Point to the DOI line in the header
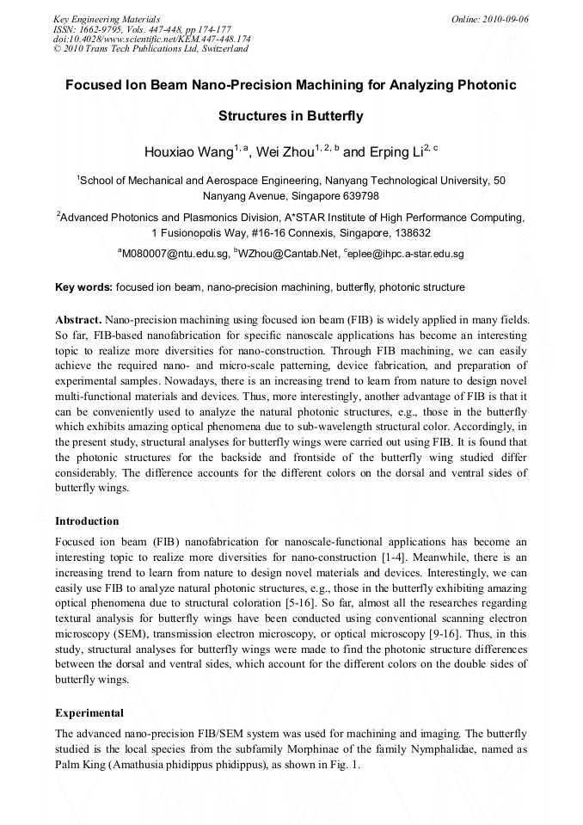(151, 39)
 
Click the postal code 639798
(354, 196)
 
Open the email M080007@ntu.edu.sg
(175, 255)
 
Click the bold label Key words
(83, 287)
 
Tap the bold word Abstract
(78, 319)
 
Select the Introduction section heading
(87, 521)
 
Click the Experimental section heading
(89, 713)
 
